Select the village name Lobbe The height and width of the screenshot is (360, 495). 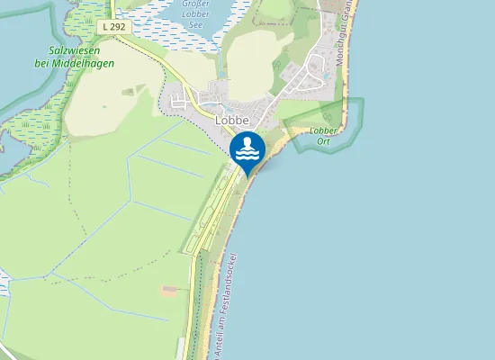(x=231, y=119)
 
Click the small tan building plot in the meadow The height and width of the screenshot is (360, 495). (x=169, y=290)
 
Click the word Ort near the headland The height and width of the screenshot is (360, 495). (x=324, y=140)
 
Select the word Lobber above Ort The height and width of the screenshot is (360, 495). (x=324, y=130)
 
